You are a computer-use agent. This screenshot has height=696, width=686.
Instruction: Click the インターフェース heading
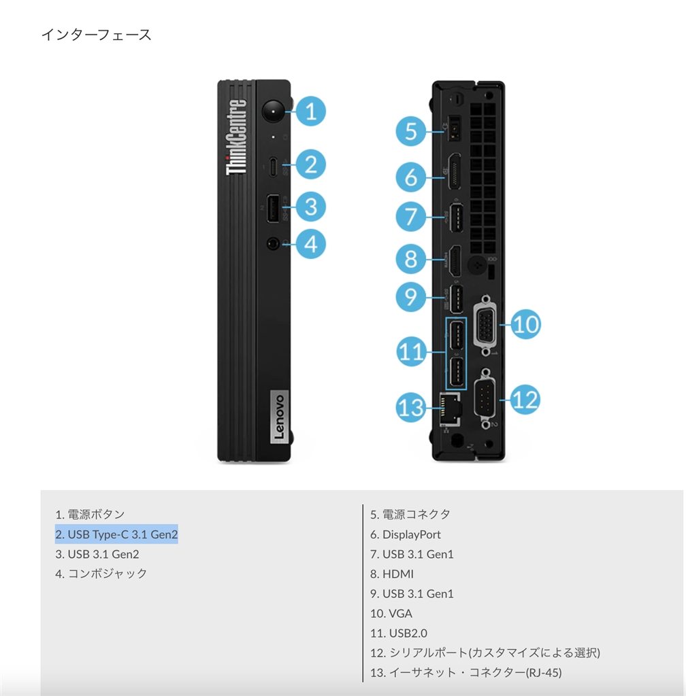coord(96,35)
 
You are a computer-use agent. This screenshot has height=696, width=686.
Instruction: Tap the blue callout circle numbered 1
coord(310,111)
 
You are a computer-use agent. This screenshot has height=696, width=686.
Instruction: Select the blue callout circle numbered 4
coord(310,243)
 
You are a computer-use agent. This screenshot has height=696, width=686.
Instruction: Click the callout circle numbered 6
coord(411,177)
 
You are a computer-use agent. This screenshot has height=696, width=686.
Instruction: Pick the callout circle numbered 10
coord(525,324)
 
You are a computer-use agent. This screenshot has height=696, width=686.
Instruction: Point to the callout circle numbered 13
coord(411,407)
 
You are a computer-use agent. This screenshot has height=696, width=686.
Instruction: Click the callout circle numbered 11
coord(411,351)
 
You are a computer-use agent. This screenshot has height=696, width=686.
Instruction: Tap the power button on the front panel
coord(274,110)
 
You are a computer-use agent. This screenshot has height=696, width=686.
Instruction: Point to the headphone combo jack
coord(274,243)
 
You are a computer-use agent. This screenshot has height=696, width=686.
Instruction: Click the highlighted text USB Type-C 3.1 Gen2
coord(116,534)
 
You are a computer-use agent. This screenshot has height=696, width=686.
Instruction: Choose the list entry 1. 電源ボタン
coord(90,515)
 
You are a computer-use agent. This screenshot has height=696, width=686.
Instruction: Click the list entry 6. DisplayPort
coord(406,534)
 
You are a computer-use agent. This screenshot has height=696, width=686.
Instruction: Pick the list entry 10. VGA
coord(391,613)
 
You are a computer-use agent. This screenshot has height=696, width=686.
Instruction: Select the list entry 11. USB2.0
coord(399,633)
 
